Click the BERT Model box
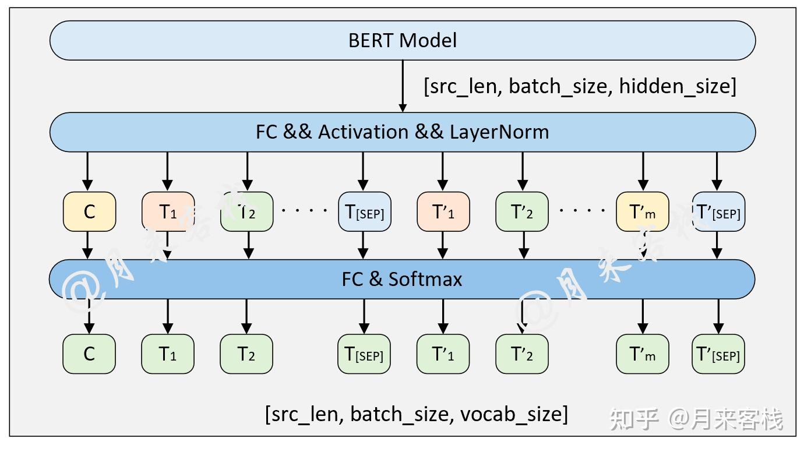click(x=403, y=40)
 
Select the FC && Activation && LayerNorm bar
click(x=403, y=132)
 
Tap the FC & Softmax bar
click(x=402, y=279)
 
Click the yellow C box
click(x=89, y=211)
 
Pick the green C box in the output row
click(x=89, y=354)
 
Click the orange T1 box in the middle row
click(x=168, y=211)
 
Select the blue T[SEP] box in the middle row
click(x=364, y=211)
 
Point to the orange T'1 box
click(x=443, y=211)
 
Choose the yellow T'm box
click(x=643, y=211)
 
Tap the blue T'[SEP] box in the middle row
click(x=718, y=211)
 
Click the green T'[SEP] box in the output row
click(x=718, y=354)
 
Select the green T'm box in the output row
click(x=643, y=354)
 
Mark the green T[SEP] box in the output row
click(x=364, y=354)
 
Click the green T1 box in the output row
click(x=168, y=354)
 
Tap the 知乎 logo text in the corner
click(x=634, y=419)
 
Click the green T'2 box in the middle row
click(x=521, y=211)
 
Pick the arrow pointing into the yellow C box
click(x=88, y=171)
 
